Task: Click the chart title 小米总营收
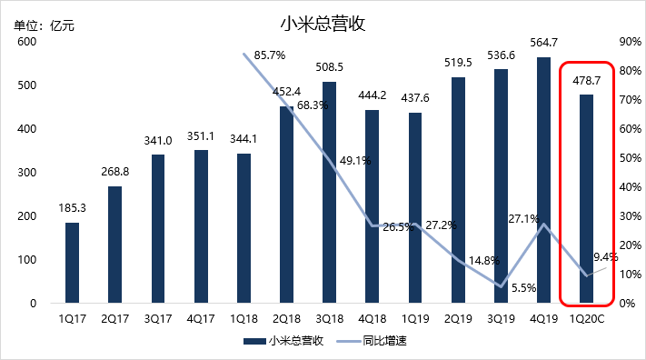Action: coord(323,25)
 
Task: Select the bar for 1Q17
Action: coord(72,263)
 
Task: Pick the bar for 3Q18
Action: coord(329,192)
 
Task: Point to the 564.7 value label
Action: coord(543,42)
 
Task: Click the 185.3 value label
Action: coord(72,207)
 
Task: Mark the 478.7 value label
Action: coord(587,80)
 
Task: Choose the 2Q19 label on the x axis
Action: coord(458,320)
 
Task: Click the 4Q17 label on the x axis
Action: coord(201,320)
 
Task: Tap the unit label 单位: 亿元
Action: coord(44,25)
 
